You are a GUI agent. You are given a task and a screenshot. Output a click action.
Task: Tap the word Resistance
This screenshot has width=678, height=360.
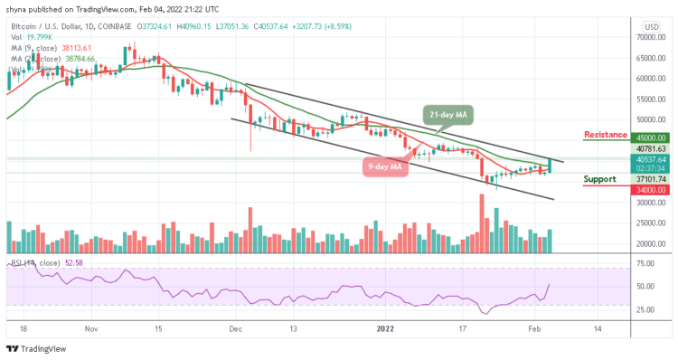(x=604, y=135)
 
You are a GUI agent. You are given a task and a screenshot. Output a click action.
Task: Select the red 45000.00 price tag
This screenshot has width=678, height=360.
(x=649, y=139)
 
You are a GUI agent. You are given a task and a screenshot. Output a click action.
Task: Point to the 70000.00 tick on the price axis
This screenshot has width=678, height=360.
(x=649, y=37)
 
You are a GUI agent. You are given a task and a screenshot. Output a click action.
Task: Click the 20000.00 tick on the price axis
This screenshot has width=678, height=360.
(x=649, y=243)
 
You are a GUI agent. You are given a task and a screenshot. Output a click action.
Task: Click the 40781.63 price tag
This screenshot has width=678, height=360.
(x=649, y=148)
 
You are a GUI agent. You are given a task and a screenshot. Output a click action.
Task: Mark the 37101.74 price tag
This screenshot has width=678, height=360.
(x=649, y=179)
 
